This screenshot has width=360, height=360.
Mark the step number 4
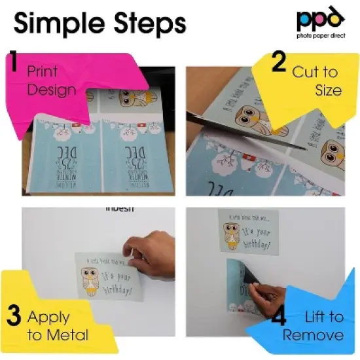(x=278, y=319)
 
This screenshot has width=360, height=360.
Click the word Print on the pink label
(x=42, y=71)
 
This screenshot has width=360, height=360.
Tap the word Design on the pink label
(x=52, y=89)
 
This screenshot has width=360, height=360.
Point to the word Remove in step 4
(x=314, y=335)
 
